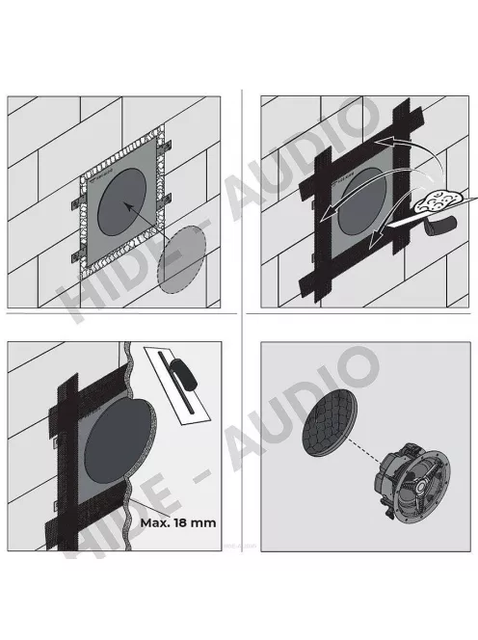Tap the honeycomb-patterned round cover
(x=332, y=423)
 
